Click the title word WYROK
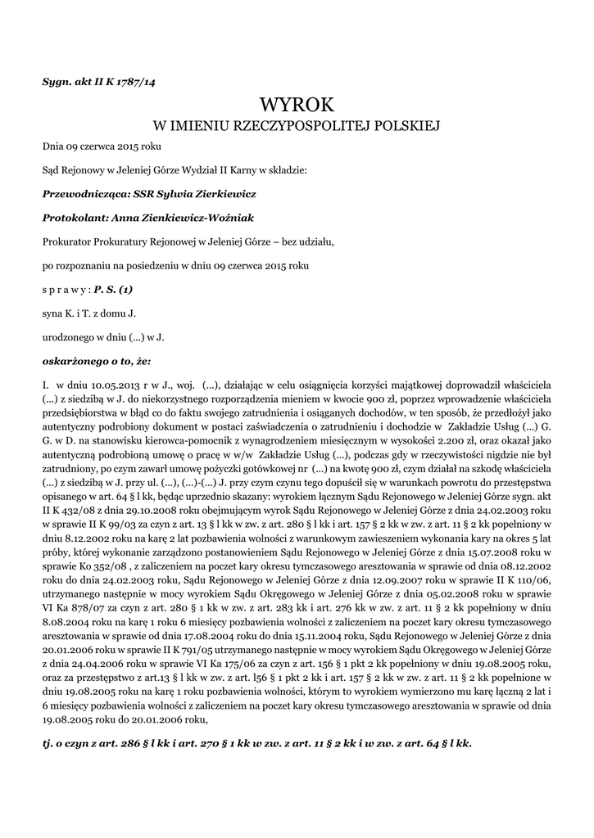(x=297, y=105)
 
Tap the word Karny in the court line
(x=241, y=171)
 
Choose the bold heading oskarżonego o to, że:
(x=96, y=360)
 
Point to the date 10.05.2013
(x=102, y=384)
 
